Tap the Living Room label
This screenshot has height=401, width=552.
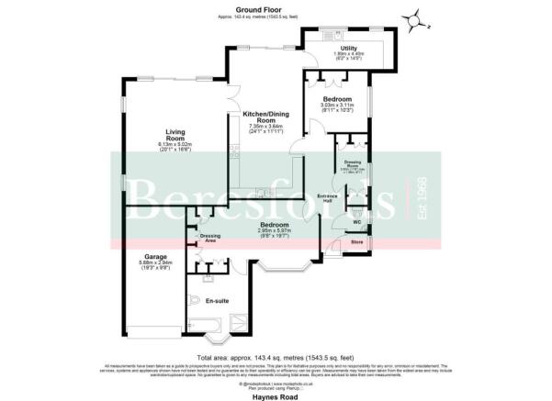(x=165, y=136)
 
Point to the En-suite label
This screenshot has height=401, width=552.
(x=217, y=301)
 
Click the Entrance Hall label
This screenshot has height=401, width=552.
(x=328, y=197)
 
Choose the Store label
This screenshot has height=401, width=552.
(x=356, y=241)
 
